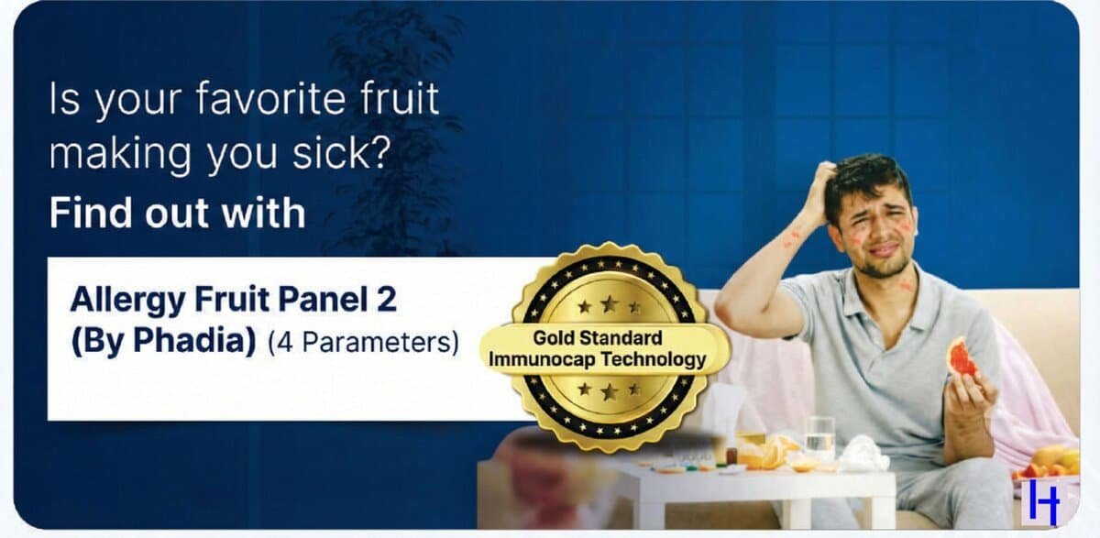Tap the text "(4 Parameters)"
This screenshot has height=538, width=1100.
(363, 343)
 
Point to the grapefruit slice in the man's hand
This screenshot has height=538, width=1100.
(962, 356)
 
